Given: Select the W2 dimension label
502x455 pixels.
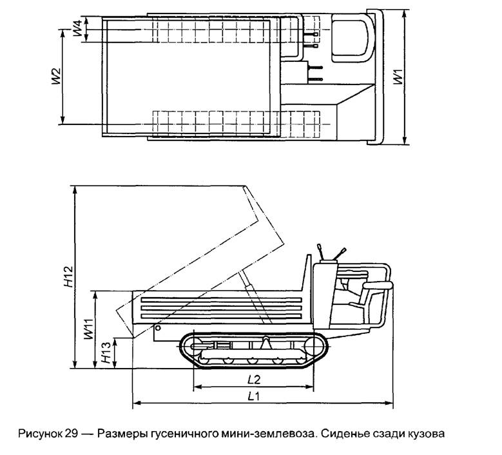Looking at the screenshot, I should pyautogui.click(x=55, y=76).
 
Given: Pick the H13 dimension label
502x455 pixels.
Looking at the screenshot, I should pyautogui.click(x=106, y=353).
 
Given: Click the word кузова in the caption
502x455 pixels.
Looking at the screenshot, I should pyautogui.click(x=423, y=433).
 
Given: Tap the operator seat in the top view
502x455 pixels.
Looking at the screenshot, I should pyautogui.click(x=351, y=39).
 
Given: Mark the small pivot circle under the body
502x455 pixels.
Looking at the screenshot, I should pyautogui.click(x=157, y=327).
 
